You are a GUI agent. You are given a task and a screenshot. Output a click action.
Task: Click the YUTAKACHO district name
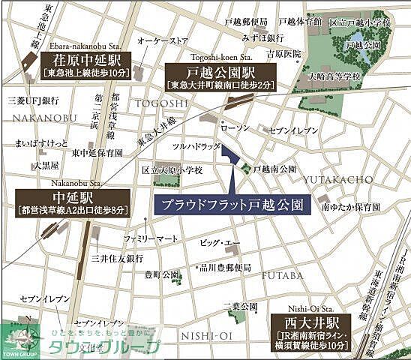click(x=337, y=179)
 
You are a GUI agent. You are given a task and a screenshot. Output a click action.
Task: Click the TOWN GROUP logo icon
click(x=16, y=338)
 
